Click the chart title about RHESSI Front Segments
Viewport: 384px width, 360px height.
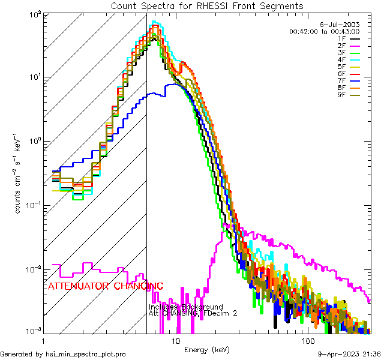click(207, 5)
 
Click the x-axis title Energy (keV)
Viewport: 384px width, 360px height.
click(207, 349)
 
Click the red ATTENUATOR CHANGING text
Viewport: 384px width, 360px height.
click(106, 286)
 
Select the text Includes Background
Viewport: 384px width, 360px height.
click(186, 307)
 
